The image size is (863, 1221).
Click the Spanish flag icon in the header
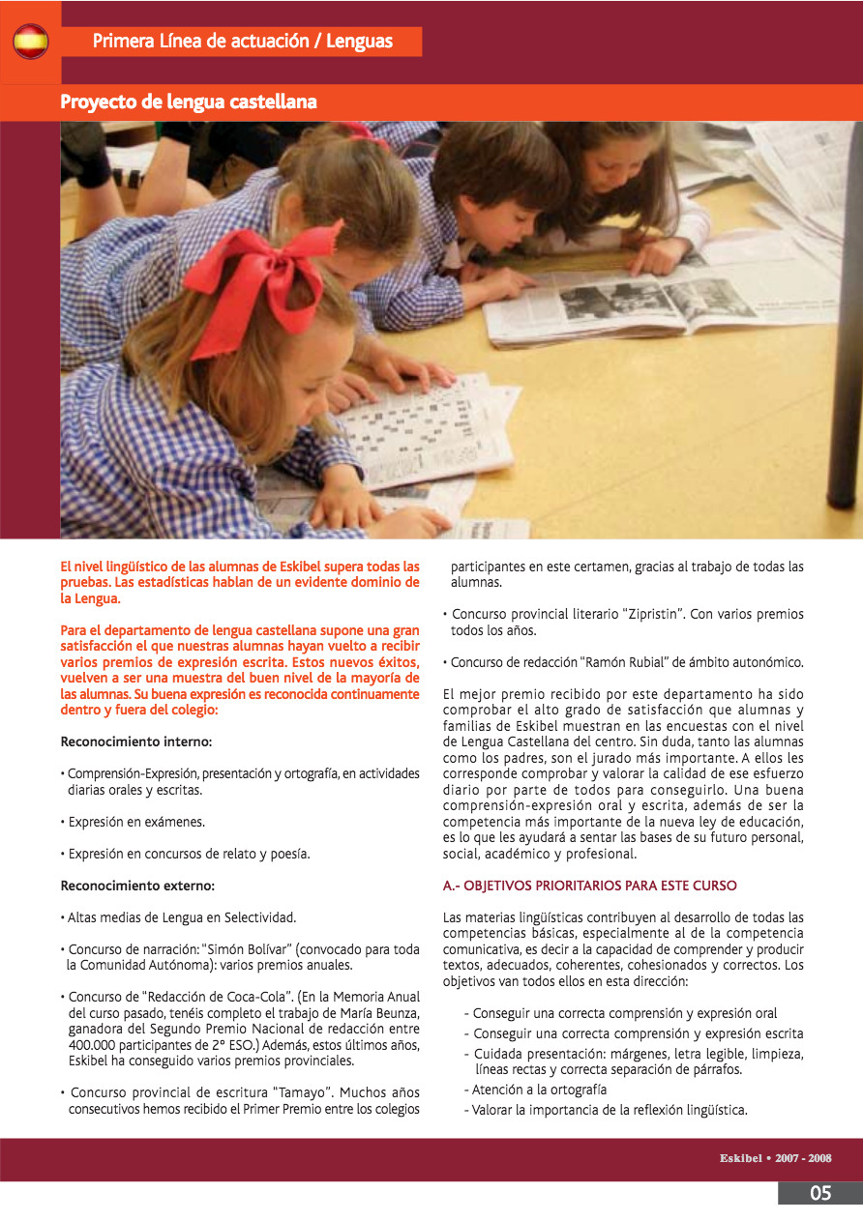[31, 42]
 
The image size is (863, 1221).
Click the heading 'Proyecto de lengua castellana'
[189, 102]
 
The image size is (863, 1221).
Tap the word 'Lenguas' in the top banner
[360, 41]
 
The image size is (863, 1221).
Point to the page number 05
[819, 1193]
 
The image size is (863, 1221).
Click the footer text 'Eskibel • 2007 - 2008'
[775, 1158]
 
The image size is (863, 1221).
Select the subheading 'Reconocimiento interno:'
[136, 742]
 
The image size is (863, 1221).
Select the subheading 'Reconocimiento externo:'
[137, 885]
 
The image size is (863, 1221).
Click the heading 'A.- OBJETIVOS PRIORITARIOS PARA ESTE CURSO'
[590, 885]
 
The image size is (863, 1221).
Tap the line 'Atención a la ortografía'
[534, 1090]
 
